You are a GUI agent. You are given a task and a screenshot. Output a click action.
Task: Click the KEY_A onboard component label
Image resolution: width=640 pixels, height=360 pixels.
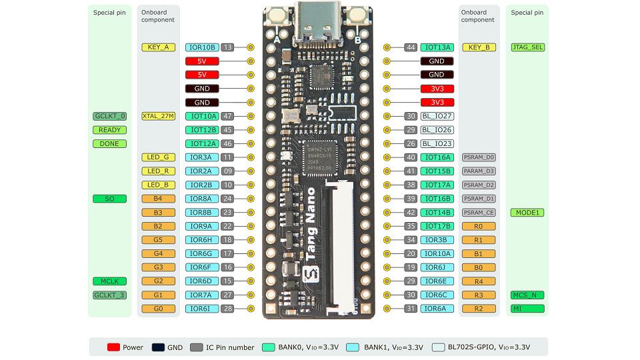click(159, 47)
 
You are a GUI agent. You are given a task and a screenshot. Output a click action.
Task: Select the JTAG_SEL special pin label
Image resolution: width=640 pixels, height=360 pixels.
click(527, 47)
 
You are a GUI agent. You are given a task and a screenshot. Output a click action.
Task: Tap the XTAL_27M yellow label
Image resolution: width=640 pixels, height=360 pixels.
click(159, 116)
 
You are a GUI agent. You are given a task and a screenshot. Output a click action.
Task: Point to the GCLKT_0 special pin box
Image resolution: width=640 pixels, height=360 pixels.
click(109, 116)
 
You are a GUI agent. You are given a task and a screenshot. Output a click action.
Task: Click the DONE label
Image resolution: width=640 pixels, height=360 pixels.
click(109, 143)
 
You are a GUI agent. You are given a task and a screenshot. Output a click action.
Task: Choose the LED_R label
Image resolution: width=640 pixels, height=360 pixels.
click(159, 171)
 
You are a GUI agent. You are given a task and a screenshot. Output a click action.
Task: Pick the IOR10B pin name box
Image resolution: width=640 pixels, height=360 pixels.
click(202, 47)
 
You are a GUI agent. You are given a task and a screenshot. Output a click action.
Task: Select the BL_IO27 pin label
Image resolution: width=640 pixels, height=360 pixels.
click(437, 116)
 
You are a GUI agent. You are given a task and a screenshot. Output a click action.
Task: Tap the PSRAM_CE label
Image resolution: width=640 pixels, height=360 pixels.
click(478, 213)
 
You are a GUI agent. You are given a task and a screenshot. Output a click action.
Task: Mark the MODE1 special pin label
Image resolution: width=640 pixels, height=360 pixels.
click(527, 213)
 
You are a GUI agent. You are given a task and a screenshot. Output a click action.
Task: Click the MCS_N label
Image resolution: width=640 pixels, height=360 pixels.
click(527, 295)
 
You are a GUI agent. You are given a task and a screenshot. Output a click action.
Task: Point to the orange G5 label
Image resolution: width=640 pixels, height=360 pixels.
click(159, 240)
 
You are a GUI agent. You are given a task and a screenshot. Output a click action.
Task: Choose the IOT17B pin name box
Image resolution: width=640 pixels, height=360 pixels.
click(437, 226)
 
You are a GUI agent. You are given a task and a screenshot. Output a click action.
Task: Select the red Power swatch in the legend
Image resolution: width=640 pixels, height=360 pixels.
click(113, 347)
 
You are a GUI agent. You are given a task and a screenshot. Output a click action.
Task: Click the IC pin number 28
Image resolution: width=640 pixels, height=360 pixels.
click(227, 309)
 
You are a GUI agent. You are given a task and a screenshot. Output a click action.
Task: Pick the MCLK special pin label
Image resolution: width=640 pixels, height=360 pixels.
click(109, 281)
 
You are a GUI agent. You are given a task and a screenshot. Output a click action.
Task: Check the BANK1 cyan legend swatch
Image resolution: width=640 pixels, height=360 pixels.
click(351, 347)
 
